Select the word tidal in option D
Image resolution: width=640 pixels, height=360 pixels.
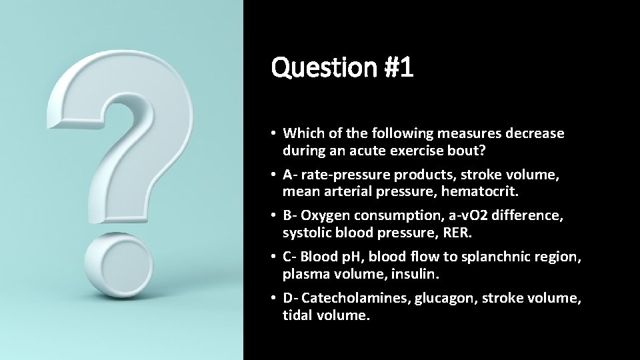(x=297, y=315)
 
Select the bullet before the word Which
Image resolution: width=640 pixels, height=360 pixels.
(x=275, y=133)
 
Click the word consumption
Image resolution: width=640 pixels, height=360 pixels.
(x=397, y=217)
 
